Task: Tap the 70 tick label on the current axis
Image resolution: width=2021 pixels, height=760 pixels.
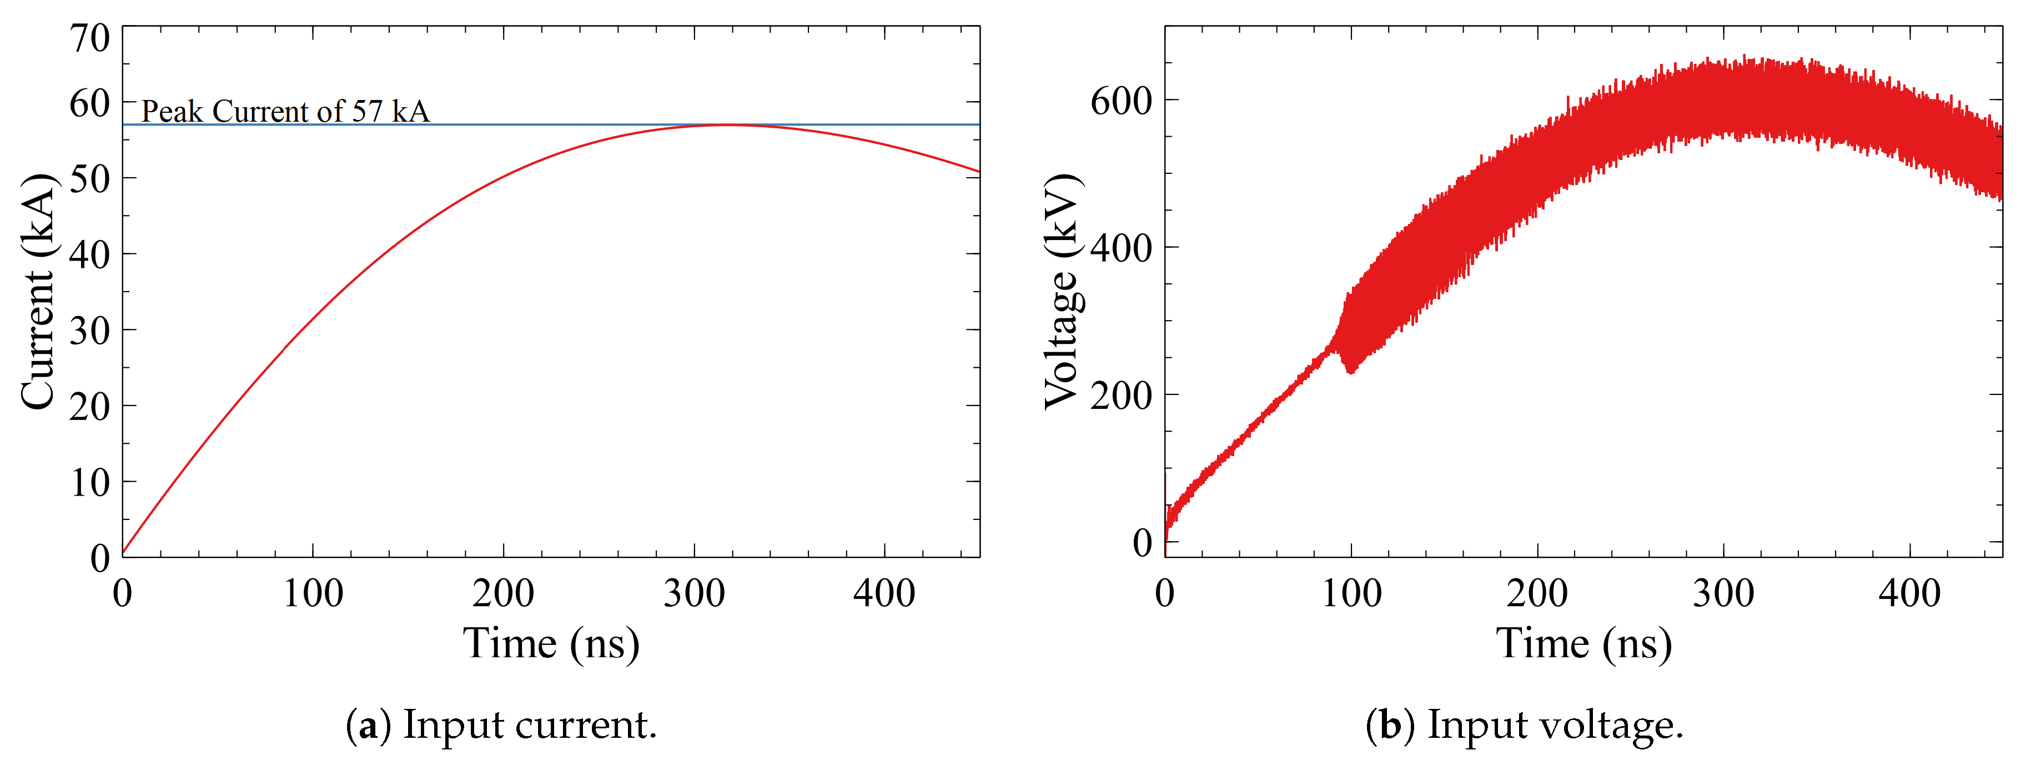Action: [x=89, y=38]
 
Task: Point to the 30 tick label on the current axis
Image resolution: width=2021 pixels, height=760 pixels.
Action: [x=89, y=331]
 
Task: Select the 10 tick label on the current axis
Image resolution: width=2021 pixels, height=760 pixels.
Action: [x=89, y=482]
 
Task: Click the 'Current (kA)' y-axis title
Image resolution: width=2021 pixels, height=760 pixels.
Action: [x=38, y=291]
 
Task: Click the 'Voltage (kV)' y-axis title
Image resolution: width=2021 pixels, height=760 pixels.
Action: [x=1063, y=291]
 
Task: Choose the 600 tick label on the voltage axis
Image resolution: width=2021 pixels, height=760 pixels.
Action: [x=1121, y=101]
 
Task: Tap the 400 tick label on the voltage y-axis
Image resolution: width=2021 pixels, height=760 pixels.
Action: [x=1121, y=248]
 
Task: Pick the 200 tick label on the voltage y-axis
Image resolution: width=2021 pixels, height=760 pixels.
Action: [x=1121, y=395]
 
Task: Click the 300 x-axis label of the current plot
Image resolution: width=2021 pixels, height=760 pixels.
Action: [x=695, y=593]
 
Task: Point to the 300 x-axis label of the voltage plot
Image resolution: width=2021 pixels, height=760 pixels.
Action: [x=1723, y=593]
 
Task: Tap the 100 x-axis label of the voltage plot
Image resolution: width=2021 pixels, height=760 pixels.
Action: [x=1351, y=593]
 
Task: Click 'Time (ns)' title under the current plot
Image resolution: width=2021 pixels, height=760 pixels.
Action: [x=551, y=644]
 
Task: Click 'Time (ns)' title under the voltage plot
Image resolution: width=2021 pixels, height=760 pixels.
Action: [x=1583, y=644]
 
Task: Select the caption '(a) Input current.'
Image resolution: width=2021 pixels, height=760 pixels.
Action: [x=501, y=724]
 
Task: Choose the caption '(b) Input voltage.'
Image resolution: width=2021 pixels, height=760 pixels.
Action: [x=1525, y=724]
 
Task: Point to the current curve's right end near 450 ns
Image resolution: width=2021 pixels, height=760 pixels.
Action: [x=978, y=171]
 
